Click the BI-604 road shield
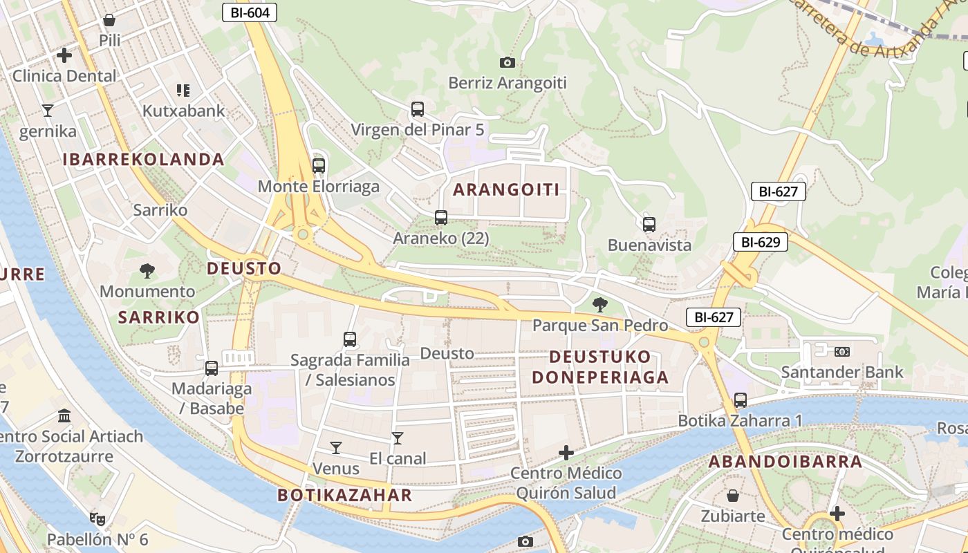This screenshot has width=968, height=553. point(250,12)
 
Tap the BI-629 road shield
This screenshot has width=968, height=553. point(761,242)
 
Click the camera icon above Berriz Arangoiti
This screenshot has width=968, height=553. point(508,63)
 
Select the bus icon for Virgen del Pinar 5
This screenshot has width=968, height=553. point(418,109)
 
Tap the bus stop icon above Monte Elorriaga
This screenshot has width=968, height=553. point(318,166)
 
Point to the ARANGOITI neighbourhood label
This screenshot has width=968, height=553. point(506,190)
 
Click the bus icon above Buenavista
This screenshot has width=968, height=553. point(649,225)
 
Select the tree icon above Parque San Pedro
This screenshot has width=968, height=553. point(600,304)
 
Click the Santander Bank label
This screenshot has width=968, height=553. point(841,372)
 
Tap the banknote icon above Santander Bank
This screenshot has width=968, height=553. point(841,352)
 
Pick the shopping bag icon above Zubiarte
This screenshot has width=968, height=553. point(733,496)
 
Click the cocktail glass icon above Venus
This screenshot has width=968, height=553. point(336,448)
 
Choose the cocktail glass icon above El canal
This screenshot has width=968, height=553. point(398,438)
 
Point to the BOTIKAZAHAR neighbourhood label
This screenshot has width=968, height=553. point(345,495)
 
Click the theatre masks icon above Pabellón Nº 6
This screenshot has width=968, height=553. point(97,518)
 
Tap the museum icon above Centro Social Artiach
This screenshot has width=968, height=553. point(65,416)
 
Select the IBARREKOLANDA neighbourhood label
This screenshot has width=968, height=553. point(144,160)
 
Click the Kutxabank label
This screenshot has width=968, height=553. point(184,111)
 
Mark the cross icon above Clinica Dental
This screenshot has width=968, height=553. point(64,55)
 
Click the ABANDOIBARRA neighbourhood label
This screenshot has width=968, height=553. point(785,462)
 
